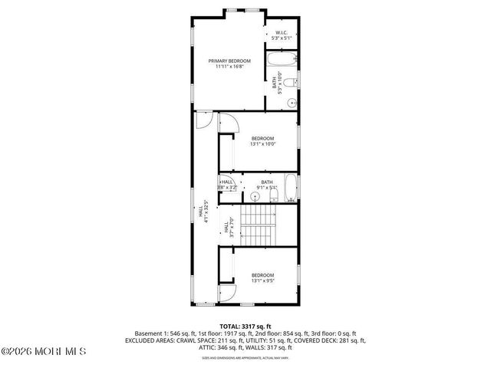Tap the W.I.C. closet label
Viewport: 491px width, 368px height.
(282, 32)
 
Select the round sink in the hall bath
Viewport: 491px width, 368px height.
(256, 196)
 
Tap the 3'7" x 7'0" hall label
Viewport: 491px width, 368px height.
(229, 228)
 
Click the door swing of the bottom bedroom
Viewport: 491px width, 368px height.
(226, 294)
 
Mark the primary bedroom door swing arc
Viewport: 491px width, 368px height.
(203, 120)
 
